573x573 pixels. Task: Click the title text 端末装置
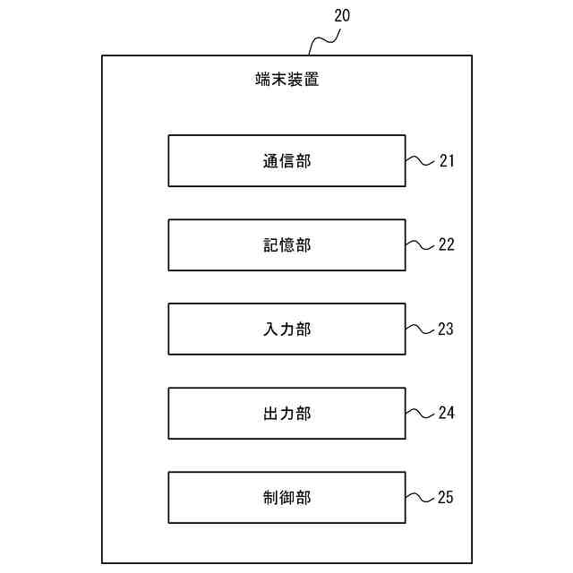[286, 79]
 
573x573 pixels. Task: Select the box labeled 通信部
[286, 161]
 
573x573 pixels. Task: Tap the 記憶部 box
[286, 245]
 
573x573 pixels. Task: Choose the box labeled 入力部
[286, 329]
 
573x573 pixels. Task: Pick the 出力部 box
[286, 414]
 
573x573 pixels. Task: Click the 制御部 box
[286, 498]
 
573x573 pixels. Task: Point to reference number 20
[342, 16]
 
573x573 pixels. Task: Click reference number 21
[447, 161]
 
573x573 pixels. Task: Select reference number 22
[447, 244]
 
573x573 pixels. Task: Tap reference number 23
[447, 329]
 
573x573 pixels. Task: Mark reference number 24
[447, 413]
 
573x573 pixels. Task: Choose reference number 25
[447, 497]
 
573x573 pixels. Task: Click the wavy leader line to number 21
[420, 161]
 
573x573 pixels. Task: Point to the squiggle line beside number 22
[420, 244]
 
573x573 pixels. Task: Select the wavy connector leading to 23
[420, 329]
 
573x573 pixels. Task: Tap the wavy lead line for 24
[420, 413]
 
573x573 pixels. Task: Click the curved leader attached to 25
[420, 497]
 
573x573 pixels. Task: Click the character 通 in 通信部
[270, 161]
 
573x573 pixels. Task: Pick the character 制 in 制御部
[270, 498]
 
